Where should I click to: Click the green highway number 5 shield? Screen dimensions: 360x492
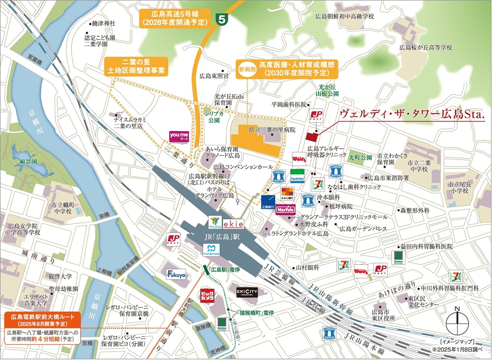[223, 20]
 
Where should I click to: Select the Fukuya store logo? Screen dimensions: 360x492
[176, 274]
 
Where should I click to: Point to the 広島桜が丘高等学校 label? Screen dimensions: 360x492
[426, 47]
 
